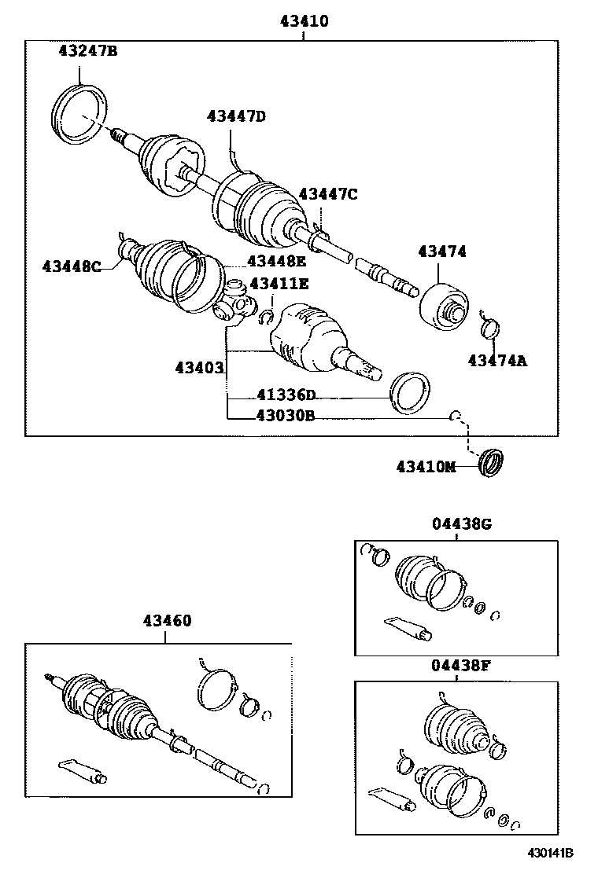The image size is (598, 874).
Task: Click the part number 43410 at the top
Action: [304, 22]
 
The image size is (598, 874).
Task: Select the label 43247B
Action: [88, 52]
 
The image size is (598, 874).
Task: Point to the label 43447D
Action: [236, 117]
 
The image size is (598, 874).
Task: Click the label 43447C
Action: [327, 194]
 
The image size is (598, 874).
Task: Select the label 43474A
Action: [497, 361]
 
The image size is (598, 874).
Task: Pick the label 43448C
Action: [72, 266]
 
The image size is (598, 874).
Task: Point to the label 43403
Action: [199, 366]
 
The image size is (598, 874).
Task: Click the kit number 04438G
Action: [461, 524]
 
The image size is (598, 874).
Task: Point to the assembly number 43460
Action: [167, 621]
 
